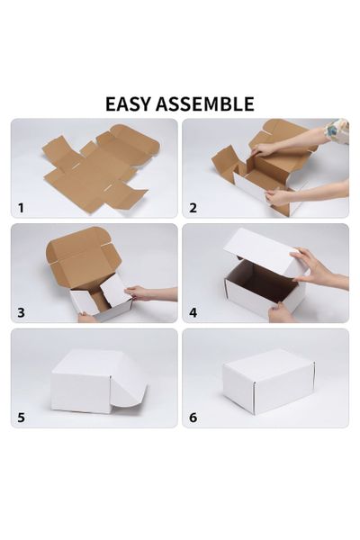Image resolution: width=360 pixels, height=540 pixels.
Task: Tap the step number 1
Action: (21, 208)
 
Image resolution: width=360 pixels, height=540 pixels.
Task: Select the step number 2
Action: (193, 208)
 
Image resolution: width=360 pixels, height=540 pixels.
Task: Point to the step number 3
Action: (21, 312)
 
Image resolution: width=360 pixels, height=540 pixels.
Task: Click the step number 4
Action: (193, 312)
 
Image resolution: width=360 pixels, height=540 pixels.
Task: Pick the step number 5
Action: (21, 418)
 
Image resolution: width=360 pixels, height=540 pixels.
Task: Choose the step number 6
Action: (193, 418)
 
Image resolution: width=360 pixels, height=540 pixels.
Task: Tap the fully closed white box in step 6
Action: (267, 381)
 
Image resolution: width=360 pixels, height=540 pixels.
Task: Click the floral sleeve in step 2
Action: (337, 130)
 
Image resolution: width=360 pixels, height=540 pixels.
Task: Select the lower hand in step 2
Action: (280, 196)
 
